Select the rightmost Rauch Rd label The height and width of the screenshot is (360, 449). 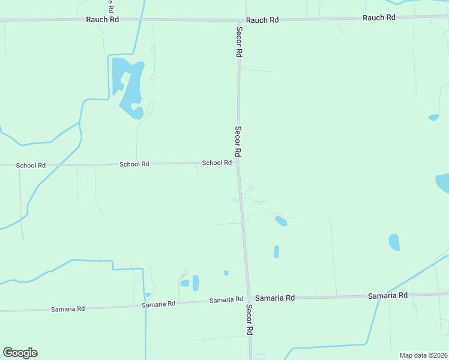379,17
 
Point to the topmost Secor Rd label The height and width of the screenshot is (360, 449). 239,42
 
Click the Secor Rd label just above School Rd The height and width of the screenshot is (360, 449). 238,142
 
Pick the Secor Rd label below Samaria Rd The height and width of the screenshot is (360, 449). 249,319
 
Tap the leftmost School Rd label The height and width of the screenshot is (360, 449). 31,165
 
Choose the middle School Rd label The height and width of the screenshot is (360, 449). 134,164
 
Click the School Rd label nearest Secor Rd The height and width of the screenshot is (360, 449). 217,163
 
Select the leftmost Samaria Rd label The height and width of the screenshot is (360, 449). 68,308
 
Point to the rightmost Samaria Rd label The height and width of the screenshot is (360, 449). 387,295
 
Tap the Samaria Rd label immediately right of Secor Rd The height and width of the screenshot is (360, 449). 275,298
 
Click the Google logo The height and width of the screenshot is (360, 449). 20,353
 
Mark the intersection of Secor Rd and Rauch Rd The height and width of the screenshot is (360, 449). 238,20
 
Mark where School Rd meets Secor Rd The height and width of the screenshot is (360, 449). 238,162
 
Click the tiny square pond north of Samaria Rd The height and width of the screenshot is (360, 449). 226,273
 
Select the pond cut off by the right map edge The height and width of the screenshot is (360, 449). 443,182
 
